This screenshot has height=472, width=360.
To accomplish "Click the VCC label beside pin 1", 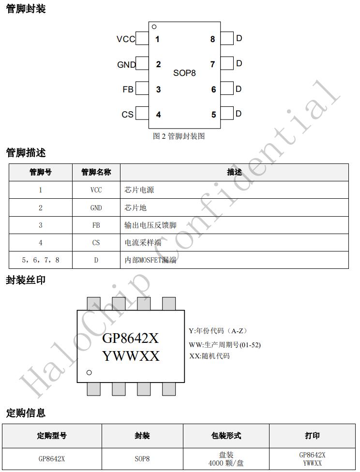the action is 126,39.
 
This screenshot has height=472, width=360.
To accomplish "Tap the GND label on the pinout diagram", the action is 126,65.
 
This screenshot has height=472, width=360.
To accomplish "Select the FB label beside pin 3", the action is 128,89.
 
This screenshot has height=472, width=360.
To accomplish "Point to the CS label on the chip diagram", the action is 127,115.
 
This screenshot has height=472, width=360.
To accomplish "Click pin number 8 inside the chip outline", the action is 213,39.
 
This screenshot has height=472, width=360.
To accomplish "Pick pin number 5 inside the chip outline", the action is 213,115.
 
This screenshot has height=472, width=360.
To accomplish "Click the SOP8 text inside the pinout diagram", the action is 184,73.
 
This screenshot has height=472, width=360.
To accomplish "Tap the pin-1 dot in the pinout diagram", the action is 154,27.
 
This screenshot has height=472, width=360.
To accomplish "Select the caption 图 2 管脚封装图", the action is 179,136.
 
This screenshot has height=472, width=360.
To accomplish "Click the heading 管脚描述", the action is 26,153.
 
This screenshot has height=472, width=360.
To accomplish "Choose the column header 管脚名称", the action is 96,172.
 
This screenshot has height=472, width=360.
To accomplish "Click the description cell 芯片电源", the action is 139,190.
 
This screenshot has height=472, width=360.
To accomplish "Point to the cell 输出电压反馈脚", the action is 150,225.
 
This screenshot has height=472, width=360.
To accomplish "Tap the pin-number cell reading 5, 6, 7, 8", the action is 40,260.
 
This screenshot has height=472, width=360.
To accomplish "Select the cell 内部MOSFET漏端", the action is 150,260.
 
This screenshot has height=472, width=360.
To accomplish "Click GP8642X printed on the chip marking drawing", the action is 130,339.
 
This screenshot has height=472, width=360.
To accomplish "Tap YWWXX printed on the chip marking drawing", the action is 131,356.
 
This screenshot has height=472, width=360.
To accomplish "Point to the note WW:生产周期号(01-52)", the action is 225,345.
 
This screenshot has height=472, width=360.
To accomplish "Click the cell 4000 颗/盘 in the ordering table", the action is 226,463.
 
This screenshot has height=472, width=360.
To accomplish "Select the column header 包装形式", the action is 226,436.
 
